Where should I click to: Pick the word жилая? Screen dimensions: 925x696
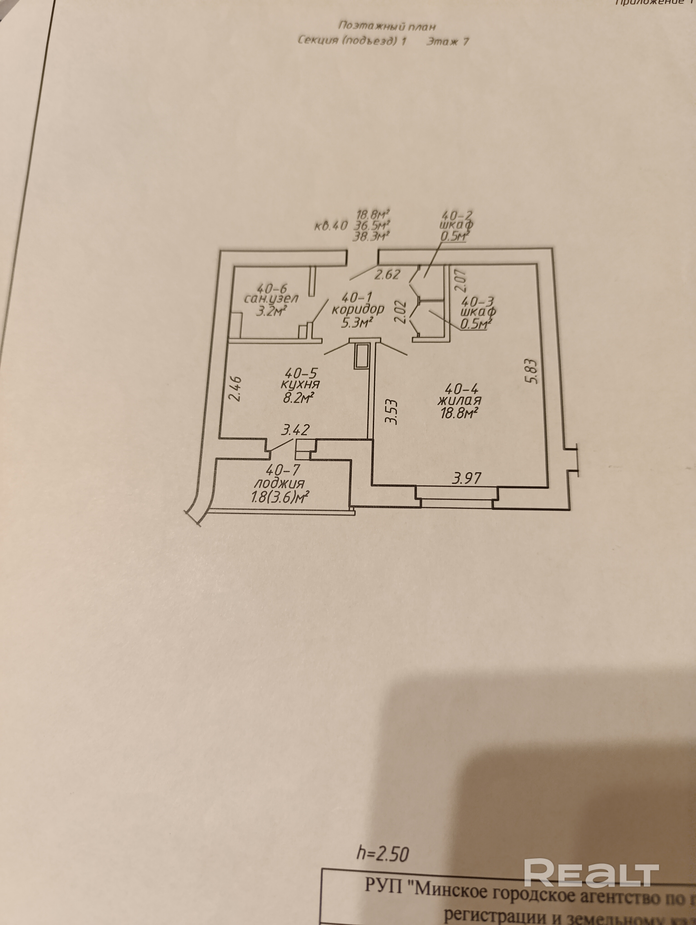point(459,400)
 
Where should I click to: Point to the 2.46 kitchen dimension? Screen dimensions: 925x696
point(235,389)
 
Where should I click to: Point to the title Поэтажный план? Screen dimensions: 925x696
point(387,26)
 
